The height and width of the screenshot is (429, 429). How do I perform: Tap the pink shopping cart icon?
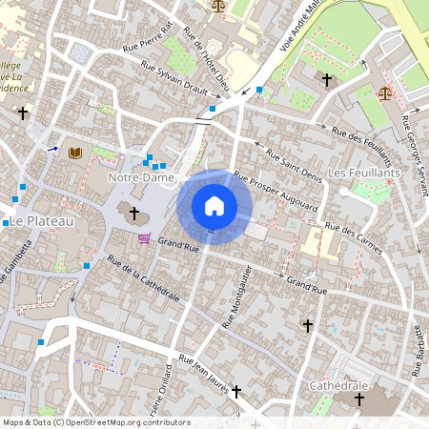tap(144, 237)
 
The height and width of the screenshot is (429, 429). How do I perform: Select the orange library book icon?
tap(75, 152)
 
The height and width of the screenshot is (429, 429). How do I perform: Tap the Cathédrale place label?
tap(338, 384)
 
